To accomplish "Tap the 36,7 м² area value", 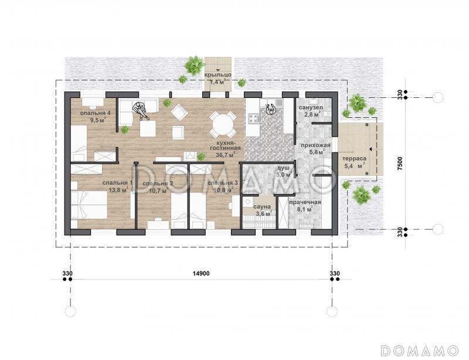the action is point(225,155).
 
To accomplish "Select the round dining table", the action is point(223,124).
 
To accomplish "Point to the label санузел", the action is point(311,107).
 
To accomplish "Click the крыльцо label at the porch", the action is point(217,75).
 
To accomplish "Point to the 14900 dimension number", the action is point(201,273).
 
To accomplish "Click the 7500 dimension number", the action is point(400,164).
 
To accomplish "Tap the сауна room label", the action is point(262,207).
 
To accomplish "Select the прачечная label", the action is point(305,202).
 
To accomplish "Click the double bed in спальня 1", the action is point(89,205).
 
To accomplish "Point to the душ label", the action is point(283,168).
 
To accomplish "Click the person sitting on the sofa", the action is point(141,110).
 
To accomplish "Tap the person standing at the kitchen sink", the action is point(271,108).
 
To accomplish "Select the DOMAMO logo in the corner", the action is point(420,351).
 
